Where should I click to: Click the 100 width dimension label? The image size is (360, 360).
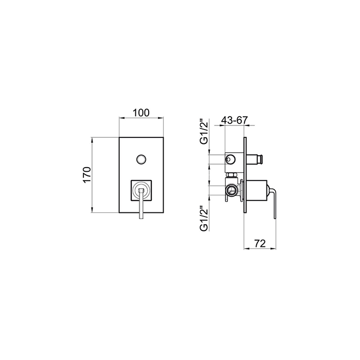point(141,113)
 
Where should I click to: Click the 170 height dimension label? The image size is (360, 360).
point(87,175)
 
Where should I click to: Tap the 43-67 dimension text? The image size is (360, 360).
point(235,120)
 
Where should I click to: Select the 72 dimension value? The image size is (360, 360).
point(260,243)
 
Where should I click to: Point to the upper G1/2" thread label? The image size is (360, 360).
point(204,132)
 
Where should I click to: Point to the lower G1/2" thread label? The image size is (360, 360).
point(204,219)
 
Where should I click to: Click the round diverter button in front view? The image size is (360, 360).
point(141,159)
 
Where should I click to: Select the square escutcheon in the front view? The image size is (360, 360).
point(141,191)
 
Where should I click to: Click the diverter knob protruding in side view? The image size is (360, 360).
point(255,159)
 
